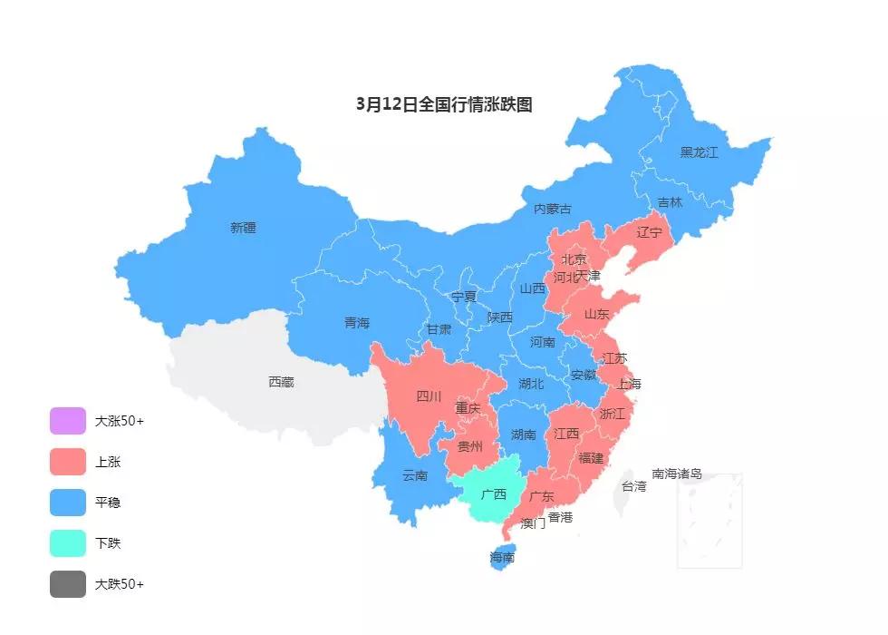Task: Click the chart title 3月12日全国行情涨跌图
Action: pyautogui.click(x=444, y=104)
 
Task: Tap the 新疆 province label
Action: pyautogui.click(x=243, y=228)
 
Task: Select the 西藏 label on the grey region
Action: pyautogui.click(x=281, y=382)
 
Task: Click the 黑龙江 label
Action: pyautogui.click(x=699, y=152)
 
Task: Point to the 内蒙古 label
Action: pyautogui.click(x=552, y=209)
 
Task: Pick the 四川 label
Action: pyautogui.click(x=429, y=396)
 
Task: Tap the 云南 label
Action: pyautogui.click(x=415, y=475)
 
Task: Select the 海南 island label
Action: pyautogui.click(x=502, y=557)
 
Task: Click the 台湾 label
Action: pyautogui.click(x=633, y=486)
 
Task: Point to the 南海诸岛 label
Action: pyautogui.click(x=677, y=474)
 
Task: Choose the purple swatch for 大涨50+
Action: pyautogui.click(x=68, y=421)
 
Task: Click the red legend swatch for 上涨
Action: pyautogui.click(x=68, y=462)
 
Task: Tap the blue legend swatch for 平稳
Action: pyautogui.click(x=68, y=503)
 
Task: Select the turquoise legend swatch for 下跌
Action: pyautogui.click(x=68, y=543)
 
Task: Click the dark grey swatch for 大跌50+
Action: pyautogui.click(x=68, y=584)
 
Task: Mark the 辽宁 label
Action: pyautogui.click(x=650, y=232)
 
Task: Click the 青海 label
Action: pyautogui.click(x=357, y=323)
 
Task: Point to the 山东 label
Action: pyautogui.click(x=596, y=315)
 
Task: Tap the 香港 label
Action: pyautogui.click(x=560, y=517)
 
